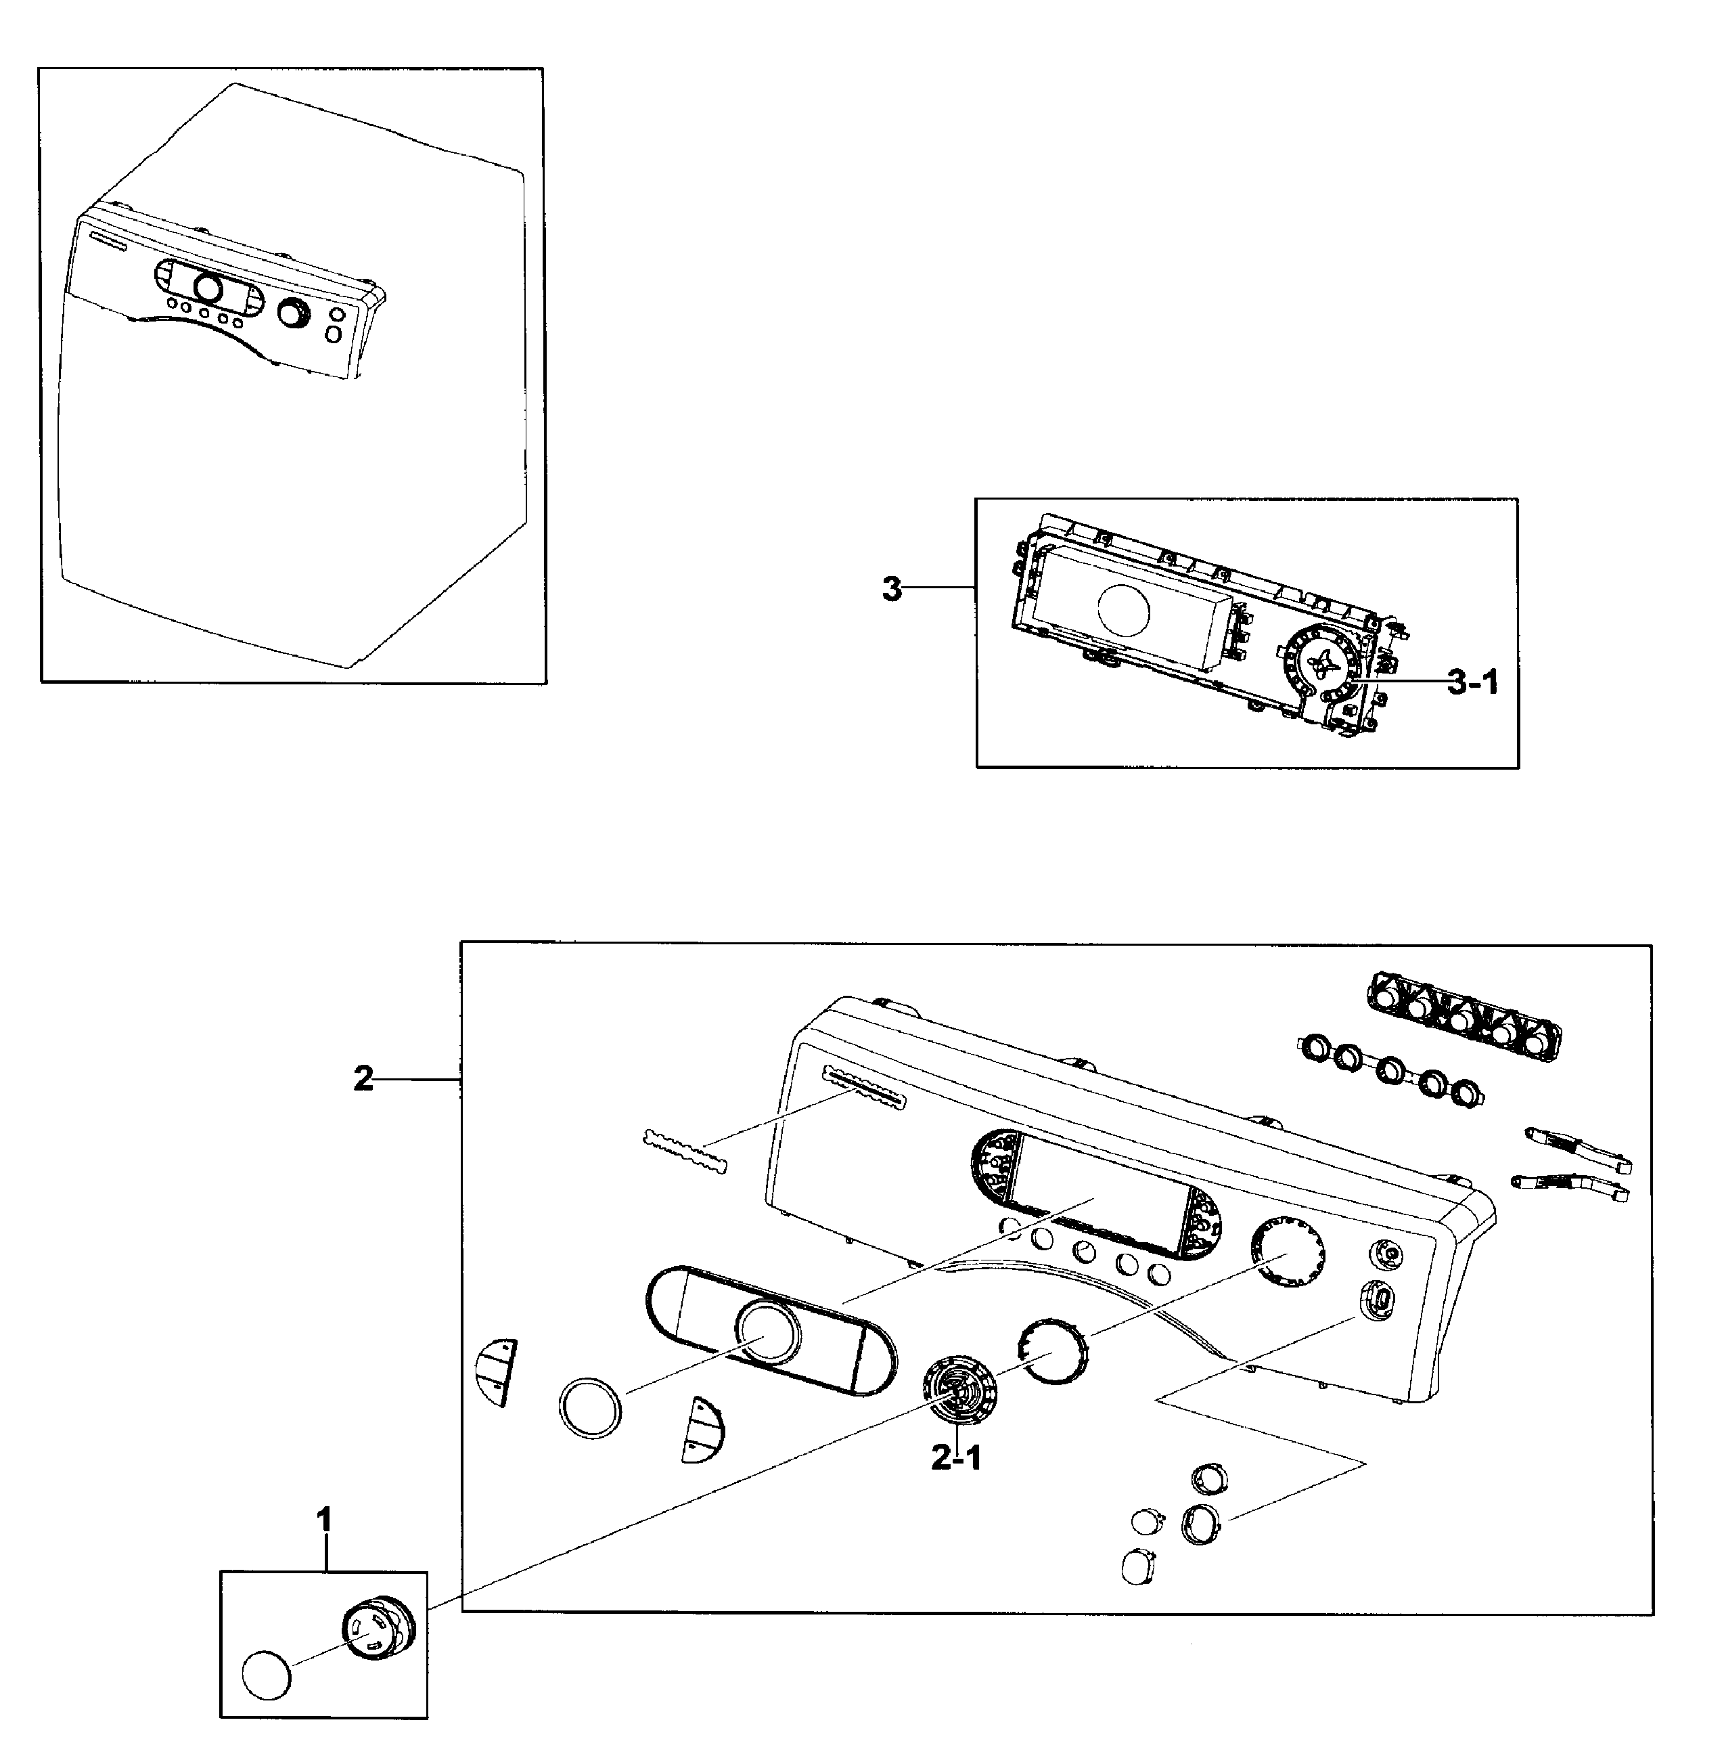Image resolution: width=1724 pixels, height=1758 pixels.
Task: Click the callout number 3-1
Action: (1472, 683)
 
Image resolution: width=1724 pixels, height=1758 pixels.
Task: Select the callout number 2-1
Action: (955, 1458)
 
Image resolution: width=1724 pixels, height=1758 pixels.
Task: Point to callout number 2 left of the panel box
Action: (363, 1079)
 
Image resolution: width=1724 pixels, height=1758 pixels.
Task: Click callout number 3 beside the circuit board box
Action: (892, 589)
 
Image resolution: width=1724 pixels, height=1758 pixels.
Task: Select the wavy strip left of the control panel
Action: (685, 1152)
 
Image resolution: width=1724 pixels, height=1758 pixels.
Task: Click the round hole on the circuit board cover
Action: (1122, 611)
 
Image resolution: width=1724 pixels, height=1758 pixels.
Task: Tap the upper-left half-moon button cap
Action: (495, 1372)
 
